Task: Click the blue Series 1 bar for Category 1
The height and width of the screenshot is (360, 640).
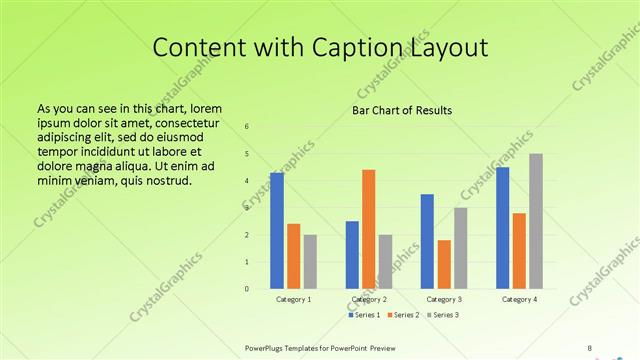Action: click(x=276, y=231)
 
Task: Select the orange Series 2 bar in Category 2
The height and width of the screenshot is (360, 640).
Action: click(x=368, y=229)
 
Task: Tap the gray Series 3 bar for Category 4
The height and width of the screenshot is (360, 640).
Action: click(x=536, y=221)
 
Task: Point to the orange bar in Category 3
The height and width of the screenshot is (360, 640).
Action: click(x=443, y=264)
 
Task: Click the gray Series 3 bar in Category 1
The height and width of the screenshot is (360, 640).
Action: click(x=310, y=262)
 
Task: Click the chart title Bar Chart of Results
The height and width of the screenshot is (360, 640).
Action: click(x=402, y=110)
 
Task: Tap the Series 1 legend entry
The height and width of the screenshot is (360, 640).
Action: click(x=363, y=315)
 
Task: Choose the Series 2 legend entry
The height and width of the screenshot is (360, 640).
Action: click(x=403, y=315)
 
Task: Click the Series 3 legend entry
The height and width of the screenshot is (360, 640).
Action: click(x=443, y=315)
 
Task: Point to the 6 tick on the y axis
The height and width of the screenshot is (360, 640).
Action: click(x=247, y=126)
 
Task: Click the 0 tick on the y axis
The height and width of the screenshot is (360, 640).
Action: click(x=247, y=289)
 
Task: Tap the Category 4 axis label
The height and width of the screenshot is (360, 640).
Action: click(x=519, y=299)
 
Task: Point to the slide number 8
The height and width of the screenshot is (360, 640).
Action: click(x=590, y=347)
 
